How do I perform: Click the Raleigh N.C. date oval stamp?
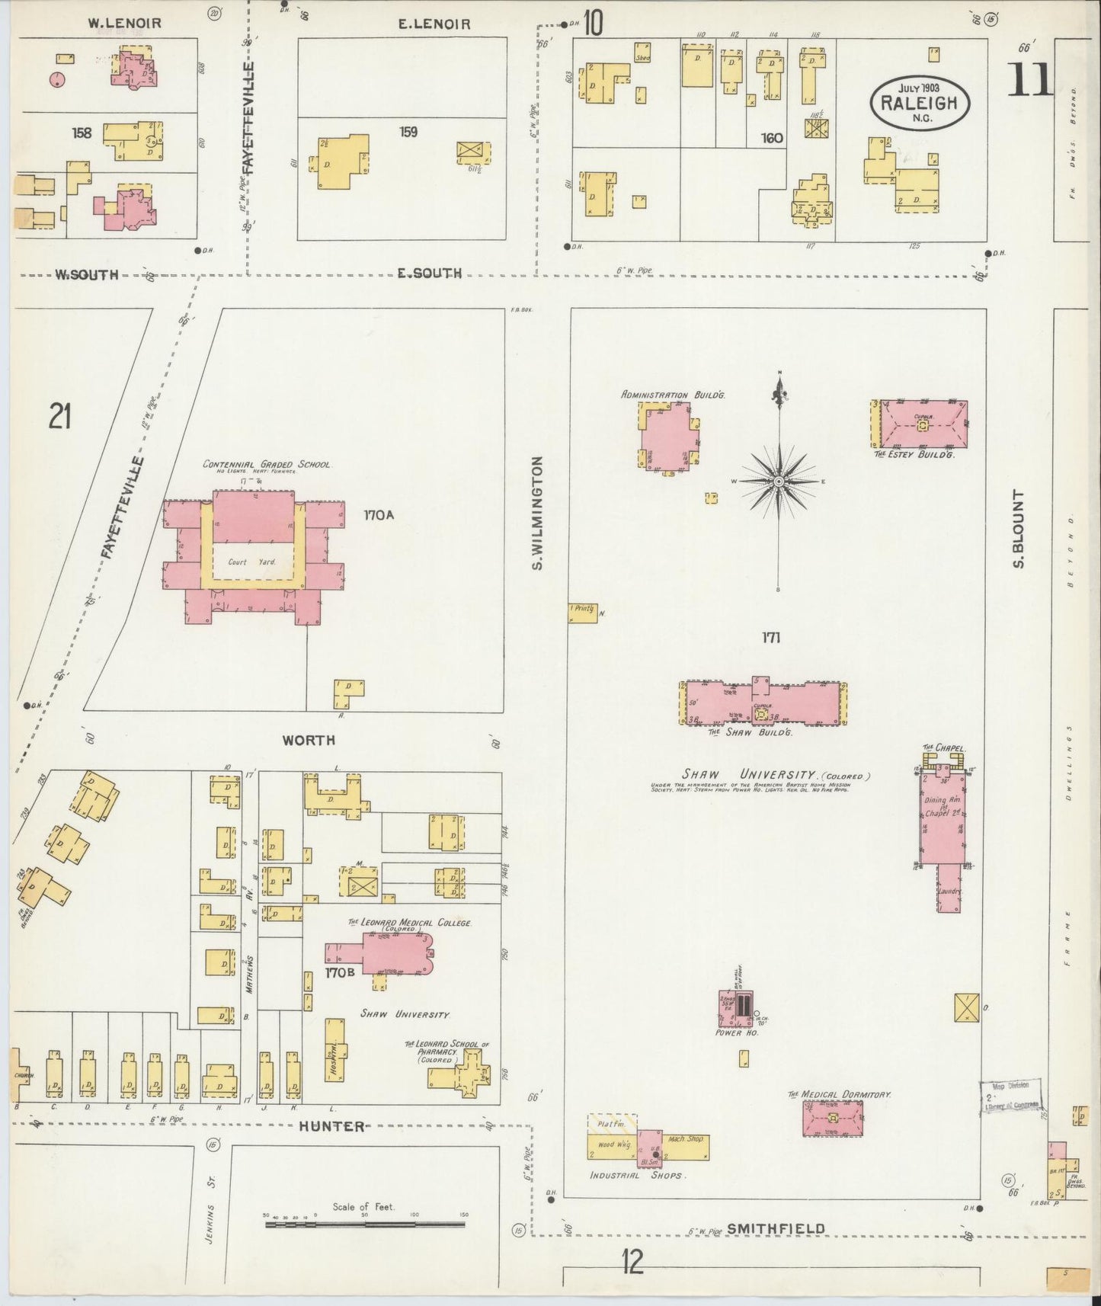tap(920, 101)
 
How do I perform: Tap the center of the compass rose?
tap(779, 482)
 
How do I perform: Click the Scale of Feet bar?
tap(365, 1224)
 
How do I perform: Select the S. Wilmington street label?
tap(537, 513)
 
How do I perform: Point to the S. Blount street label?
tap(1018, 530)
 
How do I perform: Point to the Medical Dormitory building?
tap(832, 1118)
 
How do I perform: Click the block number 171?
tap(770, 638)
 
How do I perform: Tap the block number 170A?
tap(379, 515)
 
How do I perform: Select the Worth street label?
tap(308, 740)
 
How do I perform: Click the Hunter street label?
tap(331, 1126)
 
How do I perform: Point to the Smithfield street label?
tap(775, 1228)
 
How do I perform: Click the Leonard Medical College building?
tap(392, 952)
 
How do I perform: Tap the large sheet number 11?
tap(1030, 80)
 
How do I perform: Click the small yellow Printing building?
tap(582, 613)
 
